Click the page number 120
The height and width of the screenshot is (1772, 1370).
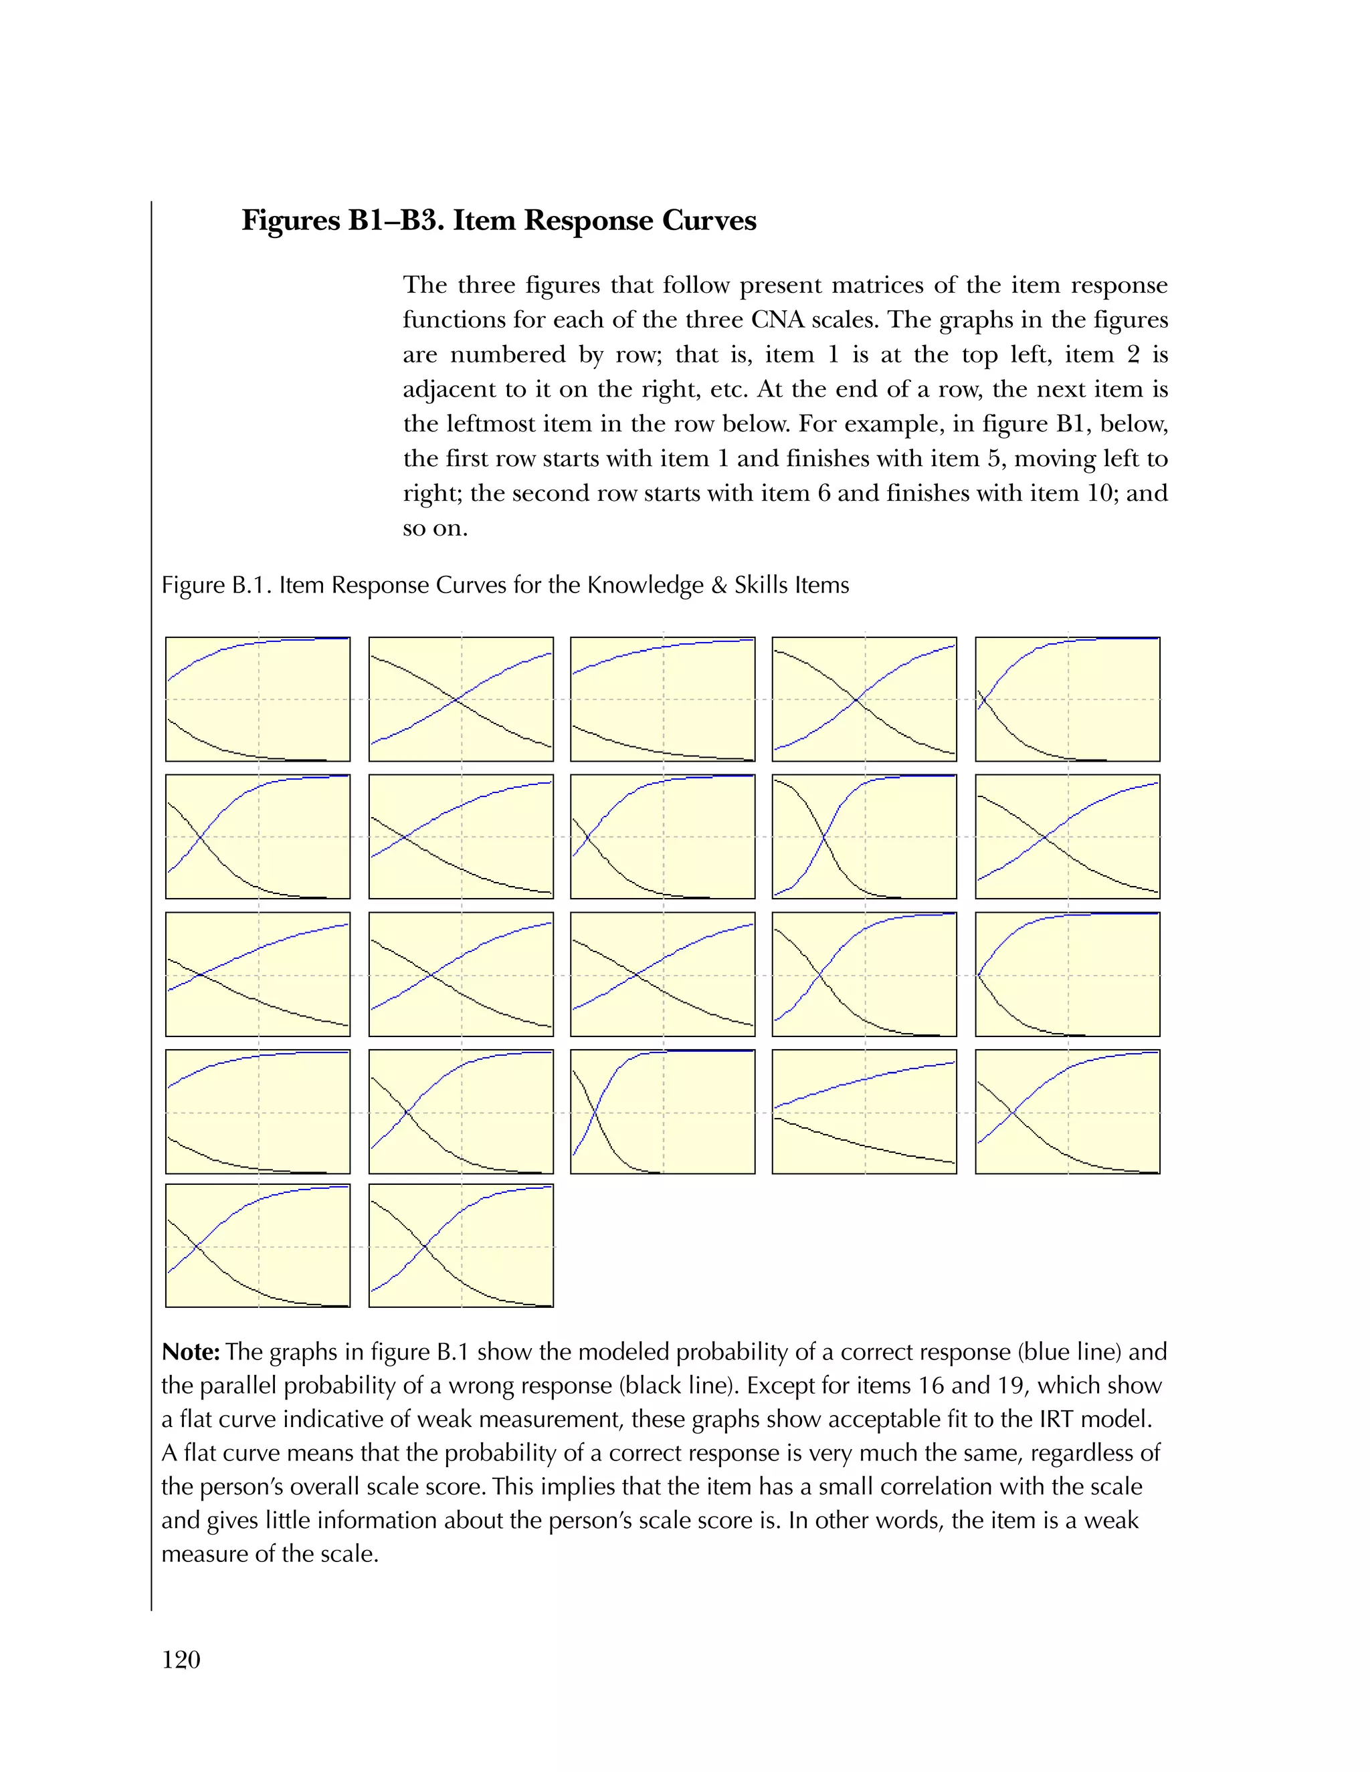181,1659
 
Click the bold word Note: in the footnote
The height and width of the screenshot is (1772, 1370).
191,1351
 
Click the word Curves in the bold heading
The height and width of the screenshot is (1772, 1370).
708,221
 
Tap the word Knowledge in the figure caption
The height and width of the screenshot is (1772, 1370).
644,585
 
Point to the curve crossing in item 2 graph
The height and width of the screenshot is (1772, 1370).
456,699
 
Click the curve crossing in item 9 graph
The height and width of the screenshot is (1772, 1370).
823,837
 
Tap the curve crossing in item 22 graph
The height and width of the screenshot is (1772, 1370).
425,1246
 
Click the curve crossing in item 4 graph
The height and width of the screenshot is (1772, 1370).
857,699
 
